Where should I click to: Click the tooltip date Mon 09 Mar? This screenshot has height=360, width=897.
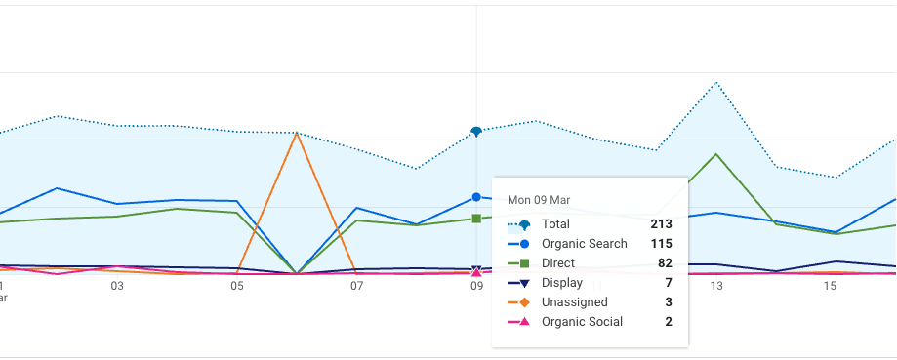tap(539, 200)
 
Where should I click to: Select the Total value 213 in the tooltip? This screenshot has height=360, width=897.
tap(662, 224)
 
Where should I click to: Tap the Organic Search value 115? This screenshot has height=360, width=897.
tap(662, 244)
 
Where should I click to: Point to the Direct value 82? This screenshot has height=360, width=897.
tap(665, 263)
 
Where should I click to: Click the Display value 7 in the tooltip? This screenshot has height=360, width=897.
tap(669, 283)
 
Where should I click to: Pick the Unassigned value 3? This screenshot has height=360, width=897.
tap(669, 302)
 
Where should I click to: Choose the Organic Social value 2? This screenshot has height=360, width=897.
tap(669, 322)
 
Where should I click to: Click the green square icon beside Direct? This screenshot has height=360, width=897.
tap(524, 263)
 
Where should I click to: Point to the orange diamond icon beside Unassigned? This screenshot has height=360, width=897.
tap(524, 302)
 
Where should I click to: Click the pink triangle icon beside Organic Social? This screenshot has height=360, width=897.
tap(524, 322)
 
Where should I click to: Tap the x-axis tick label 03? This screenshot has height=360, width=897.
tap(117, 287)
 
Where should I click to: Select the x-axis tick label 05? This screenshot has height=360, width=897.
tap(237, 287)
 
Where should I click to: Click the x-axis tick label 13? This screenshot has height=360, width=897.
tap(716, 287)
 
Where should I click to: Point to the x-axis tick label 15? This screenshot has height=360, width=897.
tap(830, 287)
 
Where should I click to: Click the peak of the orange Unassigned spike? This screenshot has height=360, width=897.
tap(297, 133)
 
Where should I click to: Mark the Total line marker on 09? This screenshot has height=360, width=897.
tap(476, 131)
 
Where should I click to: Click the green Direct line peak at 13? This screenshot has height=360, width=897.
tap(716, 154)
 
